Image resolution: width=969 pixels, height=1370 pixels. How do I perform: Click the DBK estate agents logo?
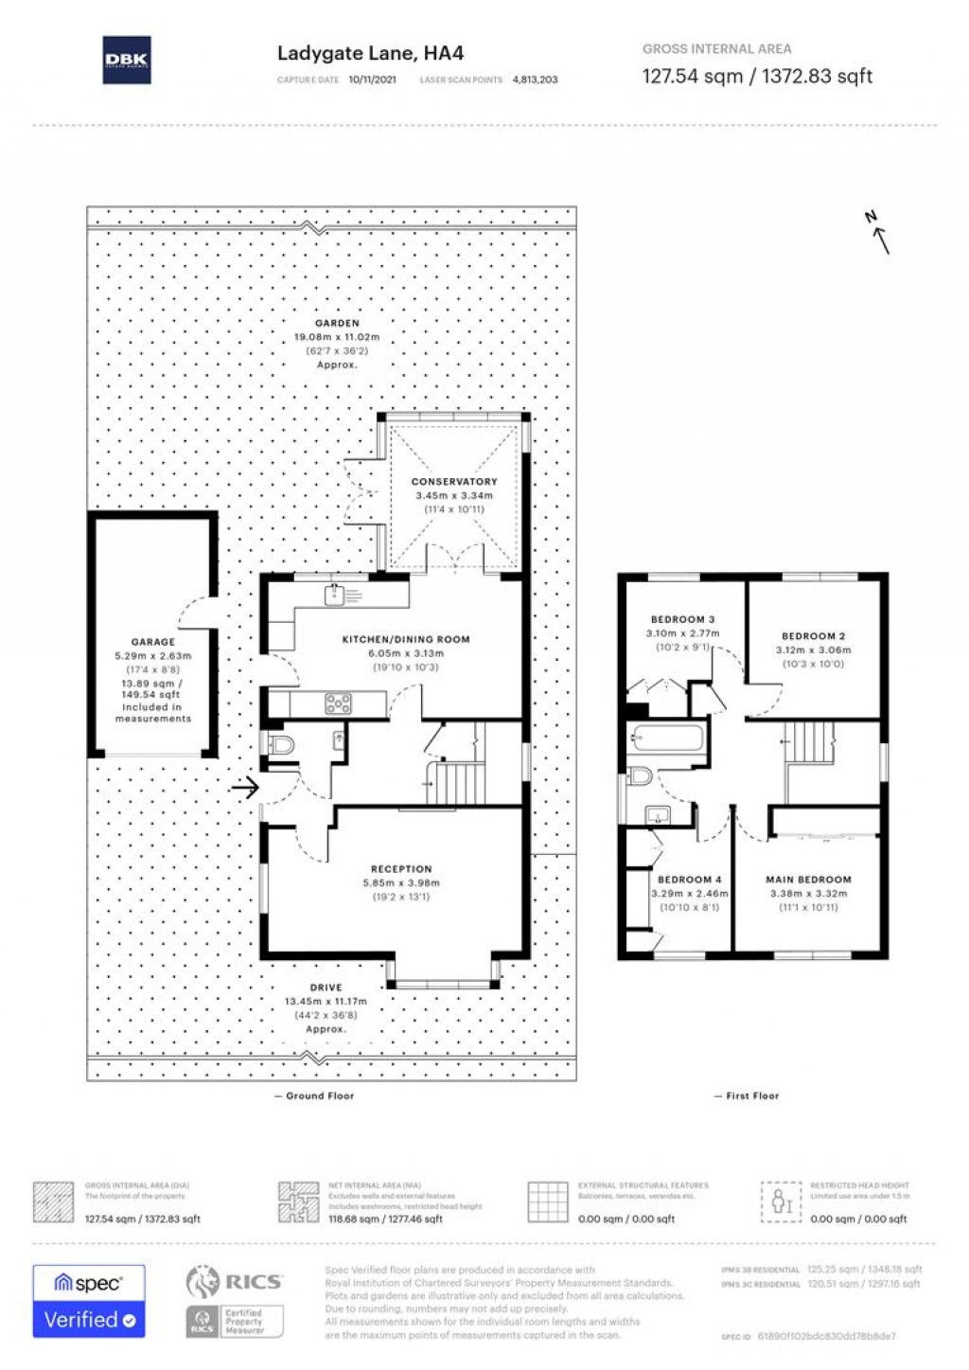coord(126,60)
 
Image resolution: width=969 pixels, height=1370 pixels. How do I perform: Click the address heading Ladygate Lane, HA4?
coord(370,53)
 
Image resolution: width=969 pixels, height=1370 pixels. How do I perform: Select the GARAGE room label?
coord(152,642)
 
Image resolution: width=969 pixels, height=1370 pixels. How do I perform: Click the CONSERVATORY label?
coord(454,482)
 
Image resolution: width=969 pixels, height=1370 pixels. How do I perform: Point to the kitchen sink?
coord(333,595)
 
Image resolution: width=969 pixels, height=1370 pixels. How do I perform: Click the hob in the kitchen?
coord(338,703)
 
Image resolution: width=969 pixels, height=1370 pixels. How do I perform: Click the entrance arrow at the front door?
coord(245,787)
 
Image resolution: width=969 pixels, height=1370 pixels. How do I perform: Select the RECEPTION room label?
coord(401,868)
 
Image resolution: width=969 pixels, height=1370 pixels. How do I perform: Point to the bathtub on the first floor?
coord(667,737)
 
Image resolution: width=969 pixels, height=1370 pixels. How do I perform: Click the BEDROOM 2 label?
coord(813,636)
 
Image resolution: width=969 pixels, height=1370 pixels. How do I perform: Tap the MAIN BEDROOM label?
coord(808,880)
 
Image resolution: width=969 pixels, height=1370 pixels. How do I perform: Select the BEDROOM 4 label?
coord(689,880)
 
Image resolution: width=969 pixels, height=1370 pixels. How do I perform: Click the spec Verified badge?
coord(89,1301)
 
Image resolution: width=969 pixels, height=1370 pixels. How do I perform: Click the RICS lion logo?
coord(203,1282)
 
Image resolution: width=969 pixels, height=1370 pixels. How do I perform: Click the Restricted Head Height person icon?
coord(782,1201)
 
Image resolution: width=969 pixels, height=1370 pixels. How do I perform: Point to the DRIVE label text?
coord(326,987)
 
